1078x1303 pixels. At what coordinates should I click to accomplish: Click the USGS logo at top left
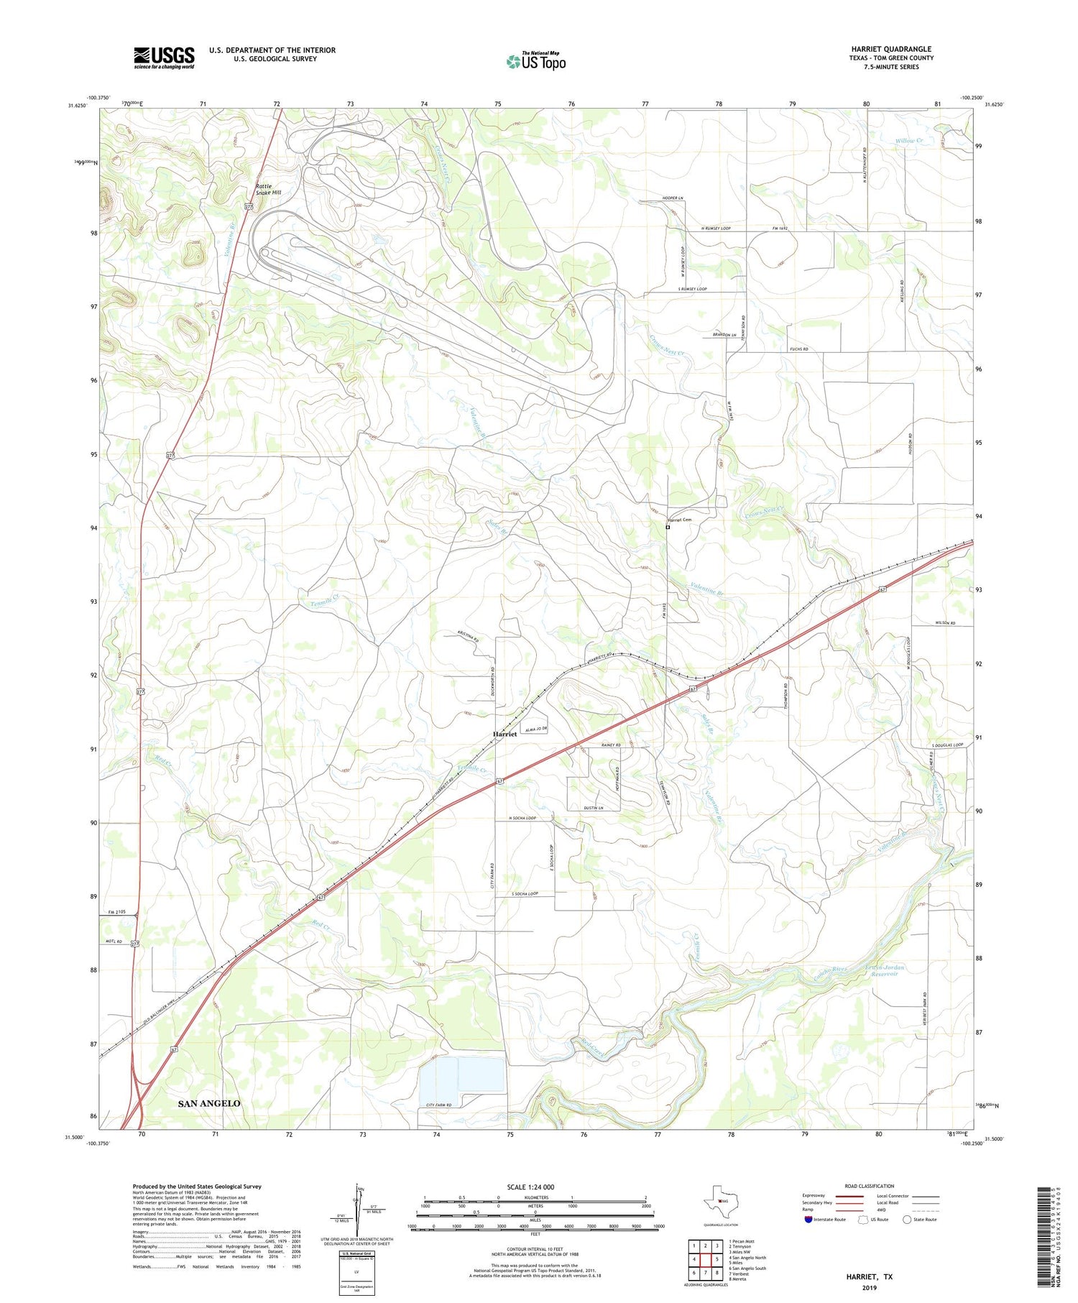tap(164, 57)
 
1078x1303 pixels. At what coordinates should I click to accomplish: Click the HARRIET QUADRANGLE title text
tap(890, 49)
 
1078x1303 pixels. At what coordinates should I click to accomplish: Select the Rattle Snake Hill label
tap(269, 190)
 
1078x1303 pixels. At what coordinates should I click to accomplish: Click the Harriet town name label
tap(505, 734)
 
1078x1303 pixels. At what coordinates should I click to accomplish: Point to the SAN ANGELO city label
tap(209, 1102)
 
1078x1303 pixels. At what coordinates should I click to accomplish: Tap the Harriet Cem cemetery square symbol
tap(668, 527)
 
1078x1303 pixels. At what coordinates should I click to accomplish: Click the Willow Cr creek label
tap(909, 141)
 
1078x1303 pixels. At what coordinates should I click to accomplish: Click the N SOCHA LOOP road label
tap(522, 818)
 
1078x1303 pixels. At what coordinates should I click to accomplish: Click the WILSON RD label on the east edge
tap(945, 622)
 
